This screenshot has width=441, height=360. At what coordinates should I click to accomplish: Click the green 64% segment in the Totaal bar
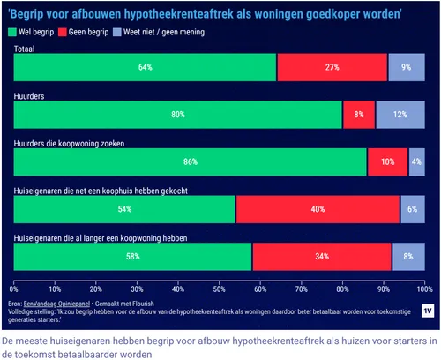(x=145, y=67)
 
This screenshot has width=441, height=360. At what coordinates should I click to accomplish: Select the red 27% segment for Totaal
(x=332, y=67)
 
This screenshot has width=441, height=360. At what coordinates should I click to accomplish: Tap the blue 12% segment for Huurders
(x=400, y=115)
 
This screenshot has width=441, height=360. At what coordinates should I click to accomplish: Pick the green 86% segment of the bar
(x=190, y=162)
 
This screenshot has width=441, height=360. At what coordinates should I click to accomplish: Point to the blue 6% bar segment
(x=412, y=209)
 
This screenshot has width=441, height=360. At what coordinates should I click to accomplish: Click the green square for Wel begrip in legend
(x=14, y=31)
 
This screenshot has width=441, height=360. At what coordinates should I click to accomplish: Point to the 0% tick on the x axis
(x=14, y=288)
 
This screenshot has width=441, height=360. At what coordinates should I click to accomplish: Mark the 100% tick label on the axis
(x=423, y=288)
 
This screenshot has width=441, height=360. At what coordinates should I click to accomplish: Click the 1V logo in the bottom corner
(x=426, y=311)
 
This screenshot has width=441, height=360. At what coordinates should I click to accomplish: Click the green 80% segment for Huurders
(x=177, y=115)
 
